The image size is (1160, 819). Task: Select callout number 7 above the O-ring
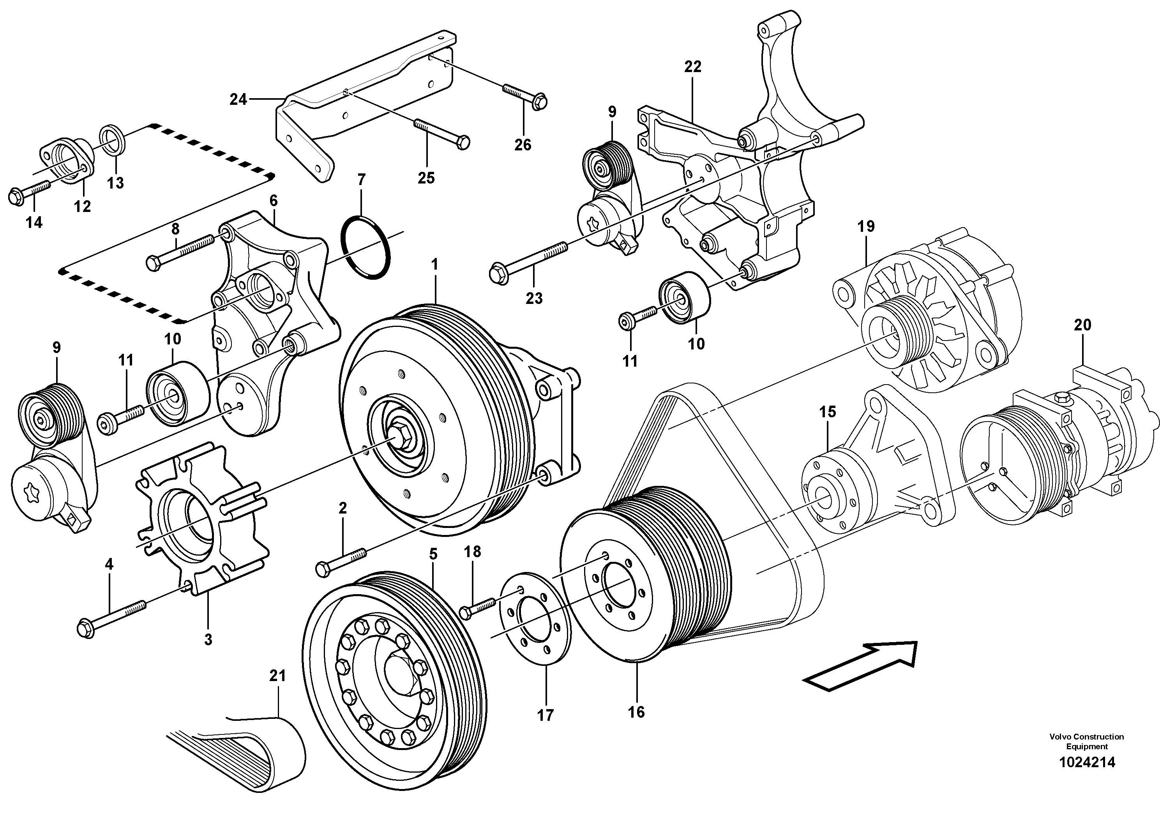click(x=361, y=180)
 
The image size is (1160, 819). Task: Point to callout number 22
click(x=693, y=66)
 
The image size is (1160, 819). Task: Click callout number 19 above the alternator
click(x=866, y=226)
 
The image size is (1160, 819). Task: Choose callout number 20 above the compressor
click(x=1082, y=325)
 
